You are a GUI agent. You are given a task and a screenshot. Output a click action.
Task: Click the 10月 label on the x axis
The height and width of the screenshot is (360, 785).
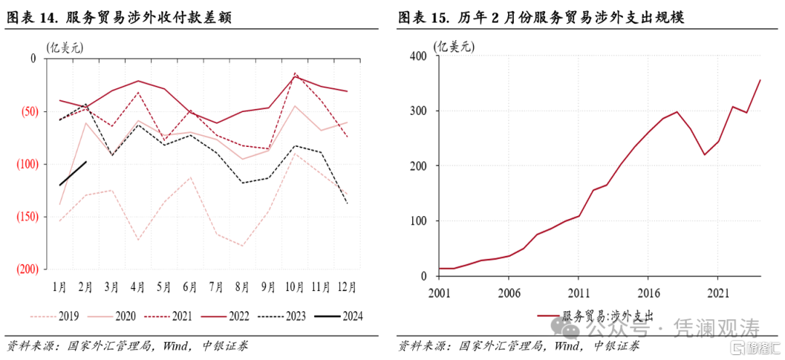pos(295,287)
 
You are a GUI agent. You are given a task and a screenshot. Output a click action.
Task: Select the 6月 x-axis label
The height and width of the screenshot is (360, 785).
pos(190,287)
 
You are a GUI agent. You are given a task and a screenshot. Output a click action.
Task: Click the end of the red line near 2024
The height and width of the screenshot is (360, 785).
pos(760,80)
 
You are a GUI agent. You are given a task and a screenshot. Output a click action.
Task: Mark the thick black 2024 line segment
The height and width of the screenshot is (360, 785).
pos(73,173)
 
